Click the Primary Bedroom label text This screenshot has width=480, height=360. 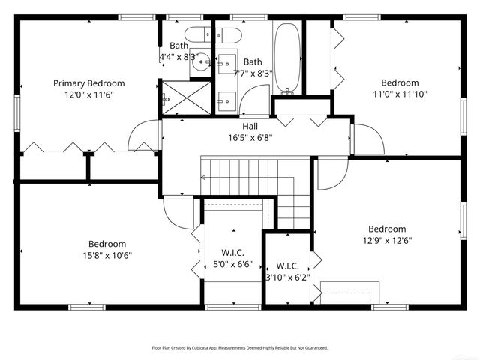88,83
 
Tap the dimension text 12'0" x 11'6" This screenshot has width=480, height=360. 88,94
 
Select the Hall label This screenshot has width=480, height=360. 250,127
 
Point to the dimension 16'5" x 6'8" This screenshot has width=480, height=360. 250,138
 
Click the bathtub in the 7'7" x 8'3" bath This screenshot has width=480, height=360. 286,58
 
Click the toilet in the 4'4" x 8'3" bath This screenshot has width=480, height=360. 199,34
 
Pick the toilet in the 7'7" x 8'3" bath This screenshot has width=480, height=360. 226,34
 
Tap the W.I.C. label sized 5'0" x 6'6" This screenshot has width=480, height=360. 232,253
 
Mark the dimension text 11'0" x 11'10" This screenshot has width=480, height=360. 400,94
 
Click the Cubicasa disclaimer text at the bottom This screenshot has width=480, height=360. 240,348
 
